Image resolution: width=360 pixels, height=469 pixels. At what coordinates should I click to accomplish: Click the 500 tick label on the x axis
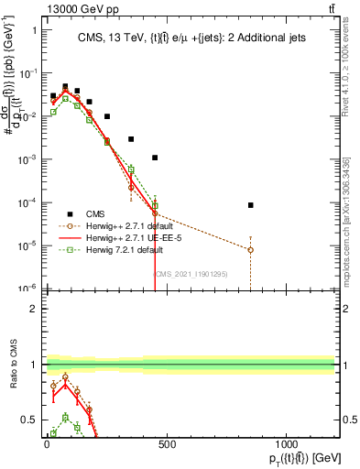167,445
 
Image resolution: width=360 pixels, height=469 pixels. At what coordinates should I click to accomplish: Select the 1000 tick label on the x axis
286,445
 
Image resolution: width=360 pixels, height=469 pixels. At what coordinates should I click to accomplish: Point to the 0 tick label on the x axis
47,445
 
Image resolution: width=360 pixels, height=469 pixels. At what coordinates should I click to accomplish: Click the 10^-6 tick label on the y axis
26,289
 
